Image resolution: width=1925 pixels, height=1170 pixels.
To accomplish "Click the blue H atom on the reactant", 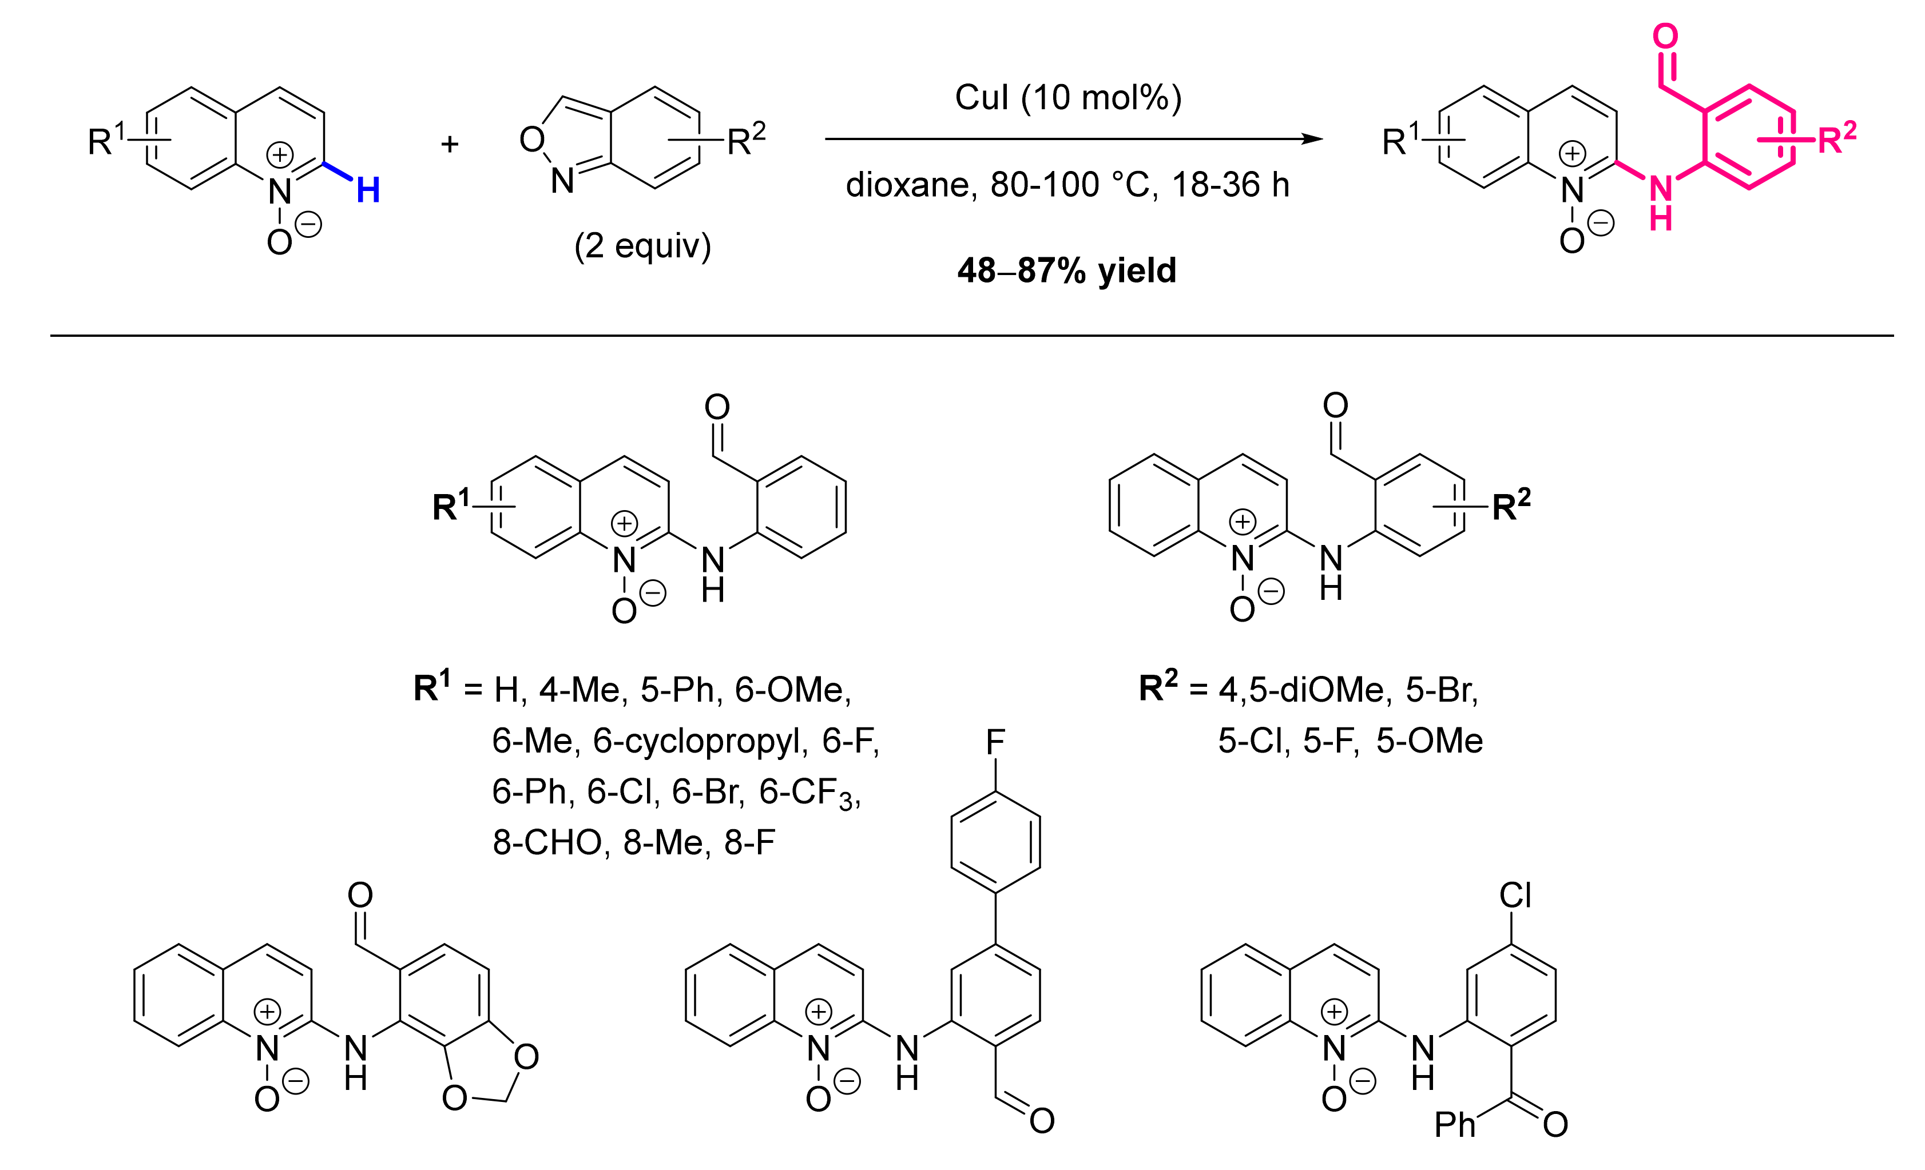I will tap(368, 190).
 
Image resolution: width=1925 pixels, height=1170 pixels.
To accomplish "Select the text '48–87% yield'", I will tap(1066, 270).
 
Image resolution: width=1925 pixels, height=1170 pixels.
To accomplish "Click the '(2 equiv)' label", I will tap(642, 246).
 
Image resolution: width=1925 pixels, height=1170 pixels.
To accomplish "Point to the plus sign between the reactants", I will tap(449, 144).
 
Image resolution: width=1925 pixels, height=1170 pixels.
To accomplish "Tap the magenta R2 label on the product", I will tap(1836, 138).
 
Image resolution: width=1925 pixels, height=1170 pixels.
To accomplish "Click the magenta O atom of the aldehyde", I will tap(1665, 36).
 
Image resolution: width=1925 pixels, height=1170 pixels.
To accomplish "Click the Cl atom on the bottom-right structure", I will tap(1515, 895).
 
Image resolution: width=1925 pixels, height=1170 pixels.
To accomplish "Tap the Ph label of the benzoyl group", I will tap(1455, 1125).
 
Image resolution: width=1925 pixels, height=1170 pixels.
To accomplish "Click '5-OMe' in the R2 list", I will tap(1429, 741).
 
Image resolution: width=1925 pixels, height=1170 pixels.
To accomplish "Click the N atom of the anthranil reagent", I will tap(562, 181).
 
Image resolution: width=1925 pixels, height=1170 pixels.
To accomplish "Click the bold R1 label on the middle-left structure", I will tap(451, 506).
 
